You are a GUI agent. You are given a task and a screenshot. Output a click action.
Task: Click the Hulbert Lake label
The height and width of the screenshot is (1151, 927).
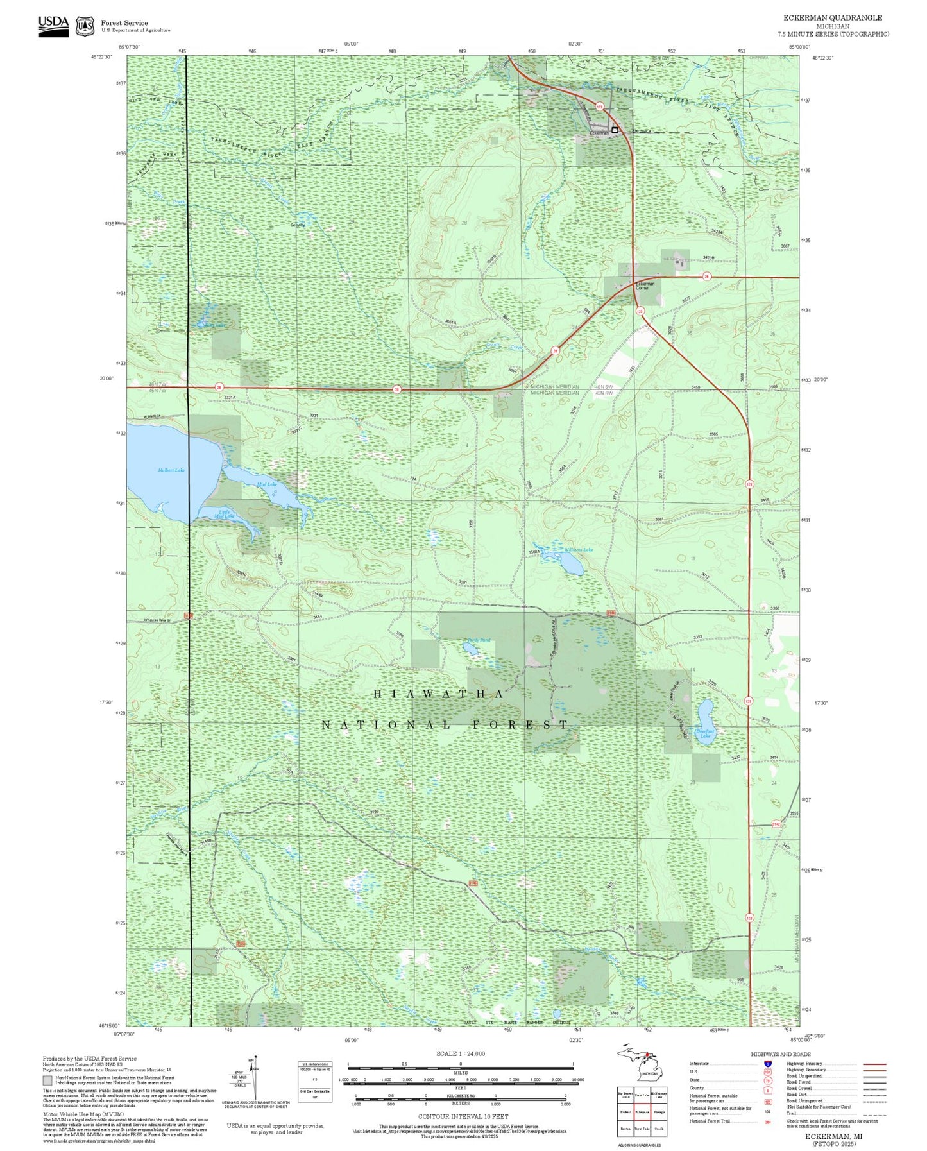click(171, 470)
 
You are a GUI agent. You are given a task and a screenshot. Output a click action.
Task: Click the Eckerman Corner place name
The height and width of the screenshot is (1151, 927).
click(645, 286)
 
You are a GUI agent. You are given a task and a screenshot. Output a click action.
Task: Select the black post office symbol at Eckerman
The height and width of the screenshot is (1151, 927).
click(615, 130)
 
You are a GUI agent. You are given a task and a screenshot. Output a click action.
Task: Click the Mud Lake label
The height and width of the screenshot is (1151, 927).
click(266, 484)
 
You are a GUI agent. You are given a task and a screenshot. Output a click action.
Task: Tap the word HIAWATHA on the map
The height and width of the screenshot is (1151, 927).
click(439, 694)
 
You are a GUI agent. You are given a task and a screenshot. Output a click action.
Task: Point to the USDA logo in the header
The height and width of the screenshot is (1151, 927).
click(53, 26)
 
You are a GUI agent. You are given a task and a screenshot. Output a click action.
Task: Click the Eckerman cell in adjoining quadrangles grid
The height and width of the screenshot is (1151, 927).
click(642, 1112)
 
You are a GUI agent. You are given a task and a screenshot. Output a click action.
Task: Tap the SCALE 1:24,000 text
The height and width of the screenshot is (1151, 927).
click(461, 1053)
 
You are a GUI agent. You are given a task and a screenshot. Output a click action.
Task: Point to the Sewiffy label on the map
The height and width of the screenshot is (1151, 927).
click(298, 225)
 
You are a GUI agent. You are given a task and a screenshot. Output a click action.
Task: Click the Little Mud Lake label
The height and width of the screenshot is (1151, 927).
click(225, 514)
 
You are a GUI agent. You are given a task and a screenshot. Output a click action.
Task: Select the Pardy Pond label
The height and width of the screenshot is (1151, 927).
click(479, 640)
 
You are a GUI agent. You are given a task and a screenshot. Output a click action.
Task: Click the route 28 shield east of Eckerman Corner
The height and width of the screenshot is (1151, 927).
click(706, 277)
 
